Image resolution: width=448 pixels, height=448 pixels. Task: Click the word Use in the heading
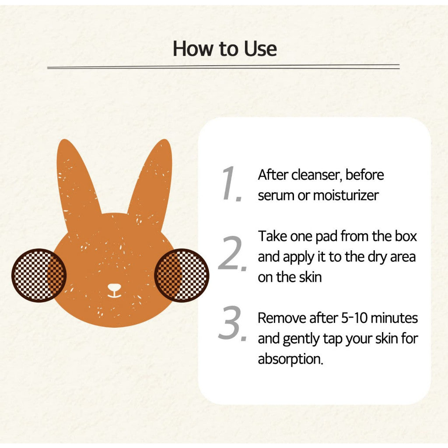(x=260, y=49)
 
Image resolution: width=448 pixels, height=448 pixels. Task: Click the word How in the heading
(x=193, y=49)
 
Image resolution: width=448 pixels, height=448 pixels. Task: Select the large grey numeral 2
(x=232, y=253)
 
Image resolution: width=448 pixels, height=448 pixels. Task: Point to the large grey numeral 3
(x=232, y=323)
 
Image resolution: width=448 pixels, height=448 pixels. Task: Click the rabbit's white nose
(x=114, y=287)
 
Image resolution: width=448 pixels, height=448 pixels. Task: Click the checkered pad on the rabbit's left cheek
(x=39, y=275)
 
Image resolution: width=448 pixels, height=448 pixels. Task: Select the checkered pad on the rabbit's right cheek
(x=182, y=275)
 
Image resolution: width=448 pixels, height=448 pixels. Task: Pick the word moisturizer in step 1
(x=346, y=196)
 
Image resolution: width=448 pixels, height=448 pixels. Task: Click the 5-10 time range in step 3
(x=354, y=318)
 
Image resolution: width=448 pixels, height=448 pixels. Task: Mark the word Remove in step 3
(x=282, y=318)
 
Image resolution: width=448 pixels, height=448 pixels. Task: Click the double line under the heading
(x=224, y=67)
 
